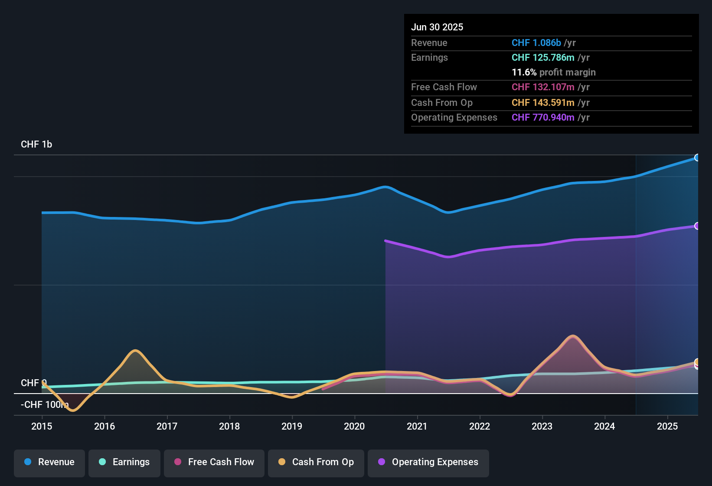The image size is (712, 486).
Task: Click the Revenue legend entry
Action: pos(49,462)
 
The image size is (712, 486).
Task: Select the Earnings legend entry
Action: pos(124,462)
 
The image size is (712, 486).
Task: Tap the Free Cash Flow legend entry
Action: pos(214,462)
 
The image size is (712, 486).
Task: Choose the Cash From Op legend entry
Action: pos(316,462)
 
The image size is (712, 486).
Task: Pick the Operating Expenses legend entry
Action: pos(428,462)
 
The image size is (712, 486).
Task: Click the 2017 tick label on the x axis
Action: pos(167,426)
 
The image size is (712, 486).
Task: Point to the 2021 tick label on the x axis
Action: pos(417,426)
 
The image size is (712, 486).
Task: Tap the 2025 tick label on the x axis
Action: pos(667,426)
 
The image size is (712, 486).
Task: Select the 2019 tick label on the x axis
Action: pos(292,426)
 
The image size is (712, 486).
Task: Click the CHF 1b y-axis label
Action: pos(36,144)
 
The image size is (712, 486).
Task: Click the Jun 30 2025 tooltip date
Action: pos(437,27)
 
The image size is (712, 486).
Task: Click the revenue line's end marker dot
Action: pos(697,158)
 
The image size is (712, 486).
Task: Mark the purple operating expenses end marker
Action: pos(697,226)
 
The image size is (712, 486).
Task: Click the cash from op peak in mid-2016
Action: pos(136,351)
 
